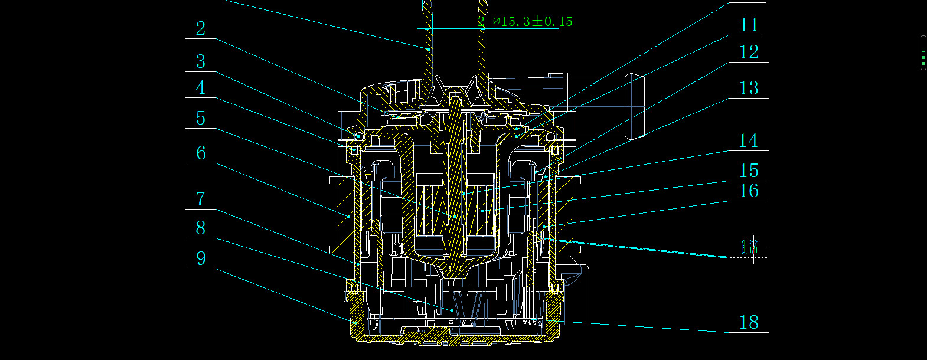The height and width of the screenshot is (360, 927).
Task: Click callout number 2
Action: point(201,28)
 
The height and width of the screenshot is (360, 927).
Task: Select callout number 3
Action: point(201,61)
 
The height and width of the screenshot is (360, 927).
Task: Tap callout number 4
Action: point(201,88)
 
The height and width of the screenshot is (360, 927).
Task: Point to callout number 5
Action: point(201,119)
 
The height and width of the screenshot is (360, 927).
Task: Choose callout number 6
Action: point(201,153)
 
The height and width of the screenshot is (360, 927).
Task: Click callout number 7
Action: point(201,199)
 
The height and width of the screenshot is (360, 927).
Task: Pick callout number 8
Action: point(201,228)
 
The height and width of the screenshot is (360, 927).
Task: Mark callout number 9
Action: point(201,258)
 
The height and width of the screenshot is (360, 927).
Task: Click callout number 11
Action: point(749,25)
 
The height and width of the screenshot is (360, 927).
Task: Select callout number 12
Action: point(749,53)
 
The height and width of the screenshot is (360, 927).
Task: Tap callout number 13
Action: point(749,89)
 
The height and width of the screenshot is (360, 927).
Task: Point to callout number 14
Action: point(748,141)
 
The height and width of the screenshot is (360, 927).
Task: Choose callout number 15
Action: point(749,171)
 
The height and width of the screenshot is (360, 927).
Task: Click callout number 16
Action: point(749,191)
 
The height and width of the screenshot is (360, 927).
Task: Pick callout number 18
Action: point(749,322)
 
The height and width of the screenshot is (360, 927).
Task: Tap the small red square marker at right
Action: point(753,250)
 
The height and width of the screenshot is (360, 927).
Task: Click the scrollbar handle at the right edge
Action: point(923,53)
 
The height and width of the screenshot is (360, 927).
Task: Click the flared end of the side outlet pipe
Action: point(637,106)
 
